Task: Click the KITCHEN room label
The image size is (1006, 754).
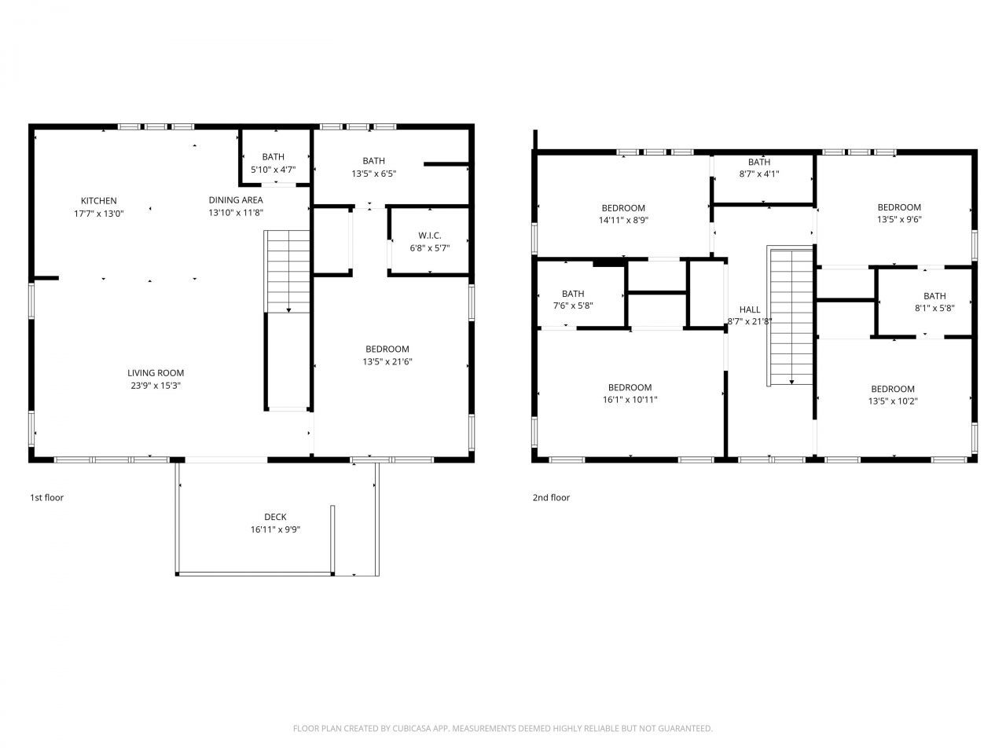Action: [x=98, y=201]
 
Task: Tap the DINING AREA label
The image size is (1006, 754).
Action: [x=235, y=200]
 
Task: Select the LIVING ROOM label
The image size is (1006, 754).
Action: [x=156, y=373]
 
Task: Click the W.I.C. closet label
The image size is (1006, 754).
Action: [x=430, y=236]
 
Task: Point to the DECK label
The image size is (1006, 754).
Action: [x=275, y=517]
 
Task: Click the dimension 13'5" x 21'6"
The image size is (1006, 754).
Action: [x=387, y=362]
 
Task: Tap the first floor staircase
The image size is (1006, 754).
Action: [x=288, y=271]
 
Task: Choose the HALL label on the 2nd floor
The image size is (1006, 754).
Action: [x=750, y=309]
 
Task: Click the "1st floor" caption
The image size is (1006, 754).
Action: [x=46, y=497]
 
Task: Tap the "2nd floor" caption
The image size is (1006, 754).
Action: [x=551, y=497]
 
